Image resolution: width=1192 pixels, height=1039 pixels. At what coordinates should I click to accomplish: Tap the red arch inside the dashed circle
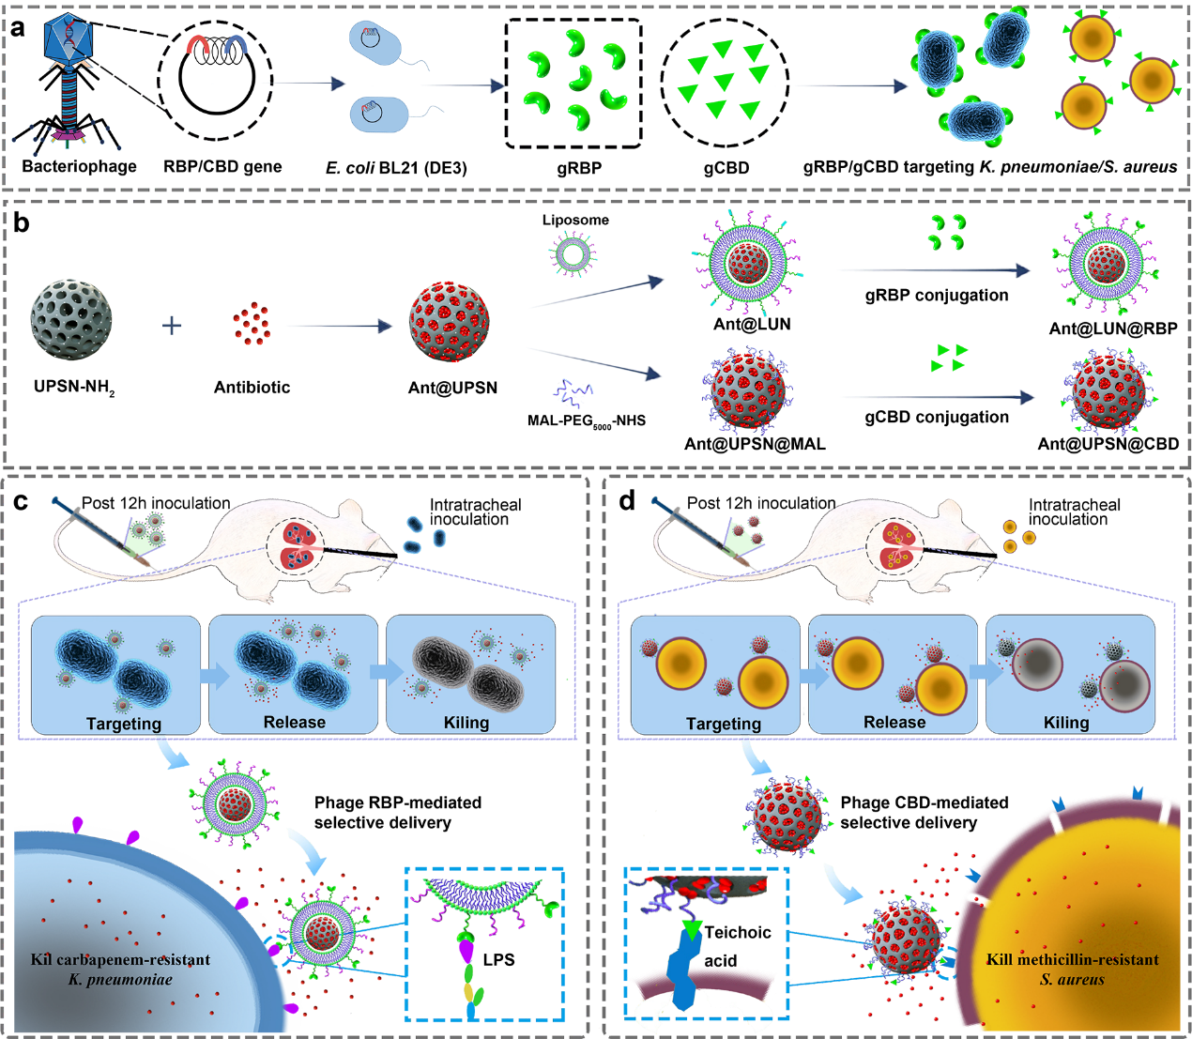click(198, 44)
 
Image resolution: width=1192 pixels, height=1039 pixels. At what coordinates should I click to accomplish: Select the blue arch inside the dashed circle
click(236, 44)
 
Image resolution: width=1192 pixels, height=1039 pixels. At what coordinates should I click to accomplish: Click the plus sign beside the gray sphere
click(171, 327)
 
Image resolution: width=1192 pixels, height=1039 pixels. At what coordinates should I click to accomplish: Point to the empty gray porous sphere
click(71, 320)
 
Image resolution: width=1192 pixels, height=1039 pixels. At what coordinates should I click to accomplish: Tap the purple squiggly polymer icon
click(573, 392)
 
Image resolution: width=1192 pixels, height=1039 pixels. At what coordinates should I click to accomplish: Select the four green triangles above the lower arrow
click(949, 358)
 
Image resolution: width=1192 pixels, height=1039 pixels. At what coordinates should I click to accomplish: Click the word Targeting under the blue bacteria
click(124, 724)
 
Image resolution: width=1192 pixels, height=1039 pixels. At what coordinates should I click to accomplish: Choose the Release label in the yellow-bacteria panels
click(894, 723)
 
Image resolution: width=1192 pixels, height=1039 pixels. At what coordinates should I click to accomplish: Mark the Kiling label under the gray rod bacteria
click(466, 723)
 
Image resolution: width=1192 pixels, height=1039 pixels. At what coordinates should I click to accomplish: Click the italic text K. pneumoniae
click(120, 980)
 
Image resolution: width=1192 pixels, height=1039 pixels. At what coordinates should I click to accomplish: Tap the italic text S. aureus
click(1072, 980)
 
